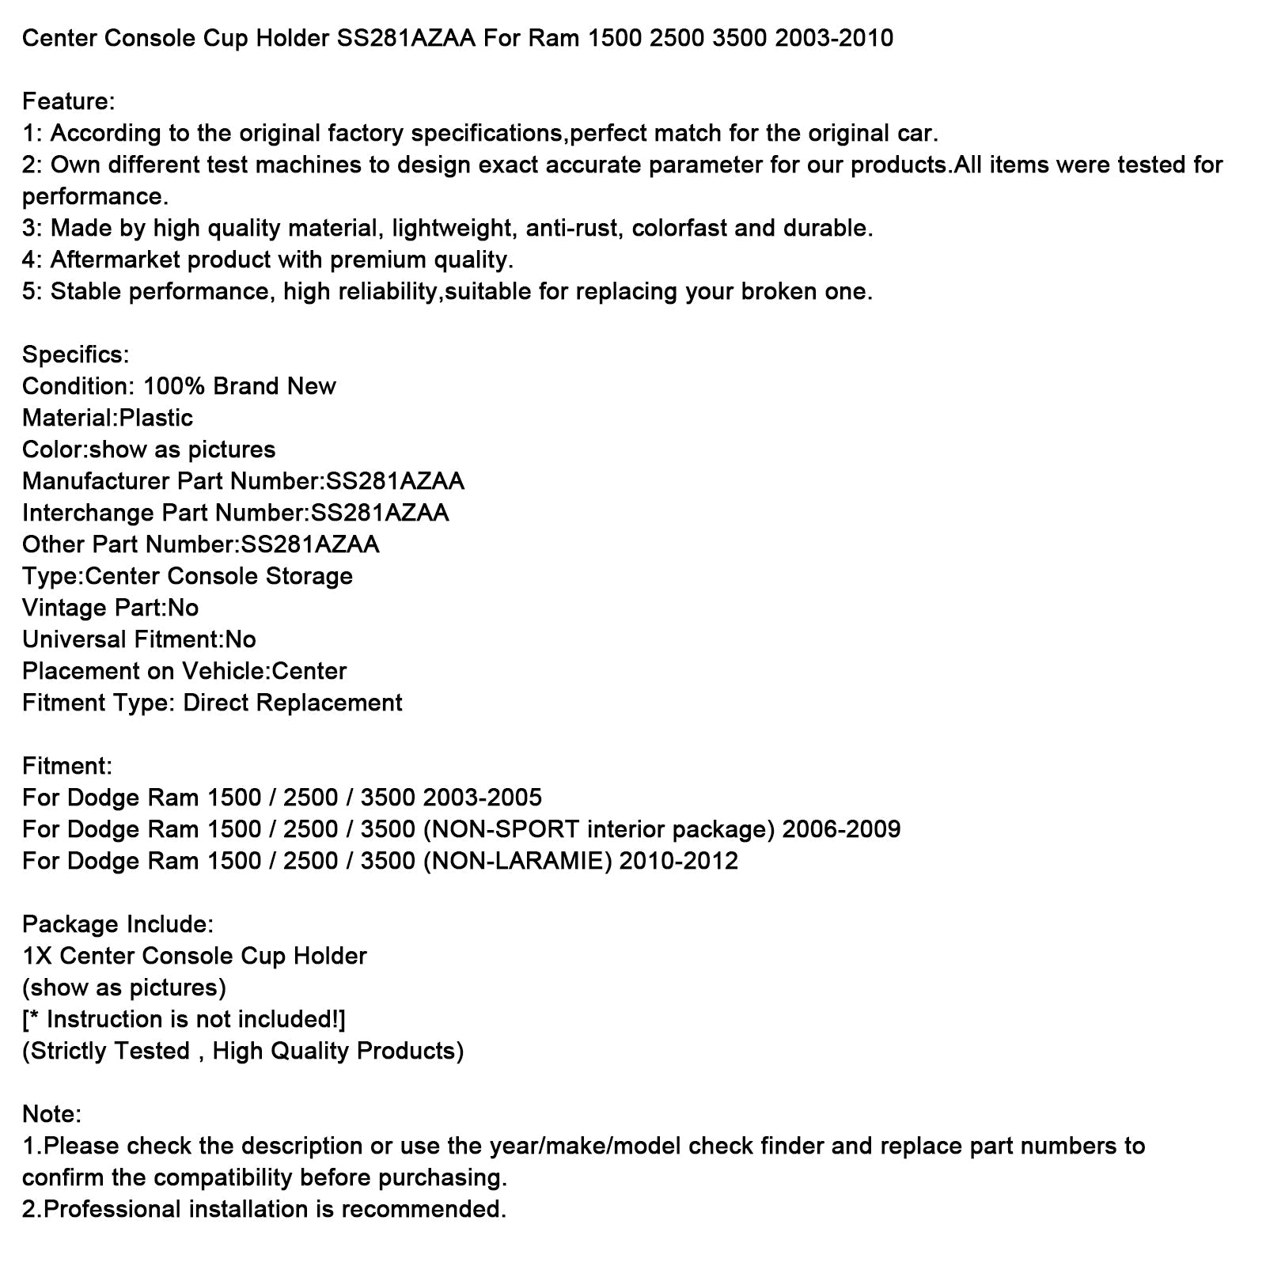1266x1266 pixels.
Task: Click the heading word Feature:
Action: click(69, 101)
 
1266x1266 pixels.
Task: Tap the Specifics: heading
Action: click(75, 354)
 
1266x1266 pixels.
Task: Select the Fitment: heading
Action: click(67, 766)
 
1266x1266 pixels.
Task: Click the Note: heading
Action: click(52, 1114)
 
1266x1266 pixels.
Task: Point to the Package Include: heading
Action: click(118, 924)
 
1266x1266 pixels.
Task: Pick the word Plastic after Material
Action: click(156, 418)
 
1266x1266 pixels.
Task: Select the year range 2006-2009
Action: click(841, 829)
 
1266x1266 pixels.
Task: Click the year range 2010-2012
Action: click(678, 861)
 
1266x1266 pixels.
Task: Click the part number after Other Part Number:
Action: click(310, 544)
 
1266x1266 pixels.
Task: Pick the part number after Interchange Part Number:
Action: click(380, 513)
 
